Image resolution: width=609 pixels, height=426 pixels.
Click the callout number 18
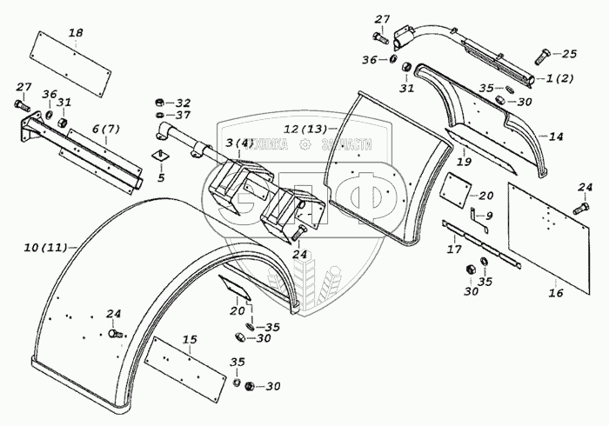pyautogui.click(x=76, y=33)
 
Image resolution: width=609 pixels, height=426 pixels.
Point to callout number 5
pyautogui.click(x=159, y=178)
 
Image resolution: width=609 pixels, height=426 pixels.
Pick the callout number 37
pyautogui.click(x=184, y=116)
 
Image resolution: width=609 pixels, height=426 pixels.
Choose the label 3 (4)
pyautogui.click(x=238, y=143)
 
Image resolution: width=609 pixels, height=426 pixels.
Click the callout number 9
pyautogui.click(x=489, y=216)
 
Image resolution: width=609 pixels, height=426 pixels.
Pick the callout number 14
pyautogui.click(x=557, y=136)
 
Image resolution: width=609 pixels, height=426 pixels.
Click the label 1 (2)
pyautogui.click(x=561, y=79)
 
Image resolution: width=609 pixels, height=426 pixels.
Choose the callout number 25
pyautogui.click(x=569, y=54)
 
